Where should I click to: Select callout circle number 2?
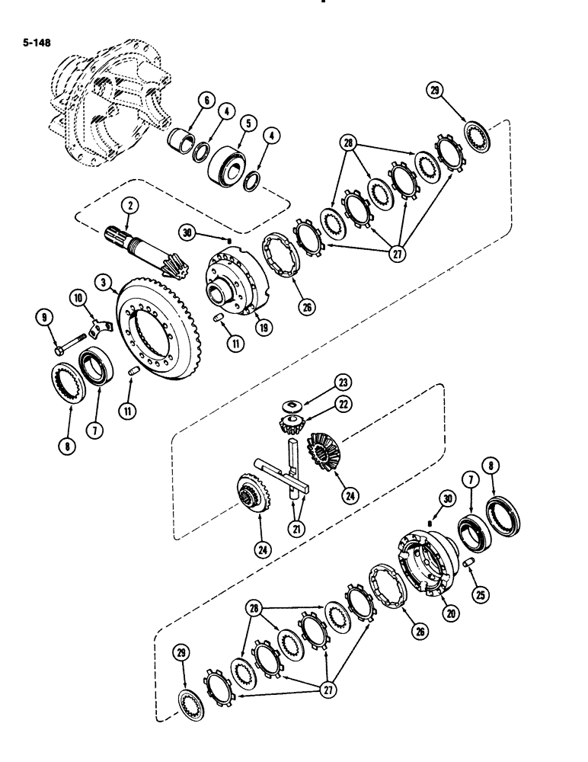(x=132, y=204)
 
